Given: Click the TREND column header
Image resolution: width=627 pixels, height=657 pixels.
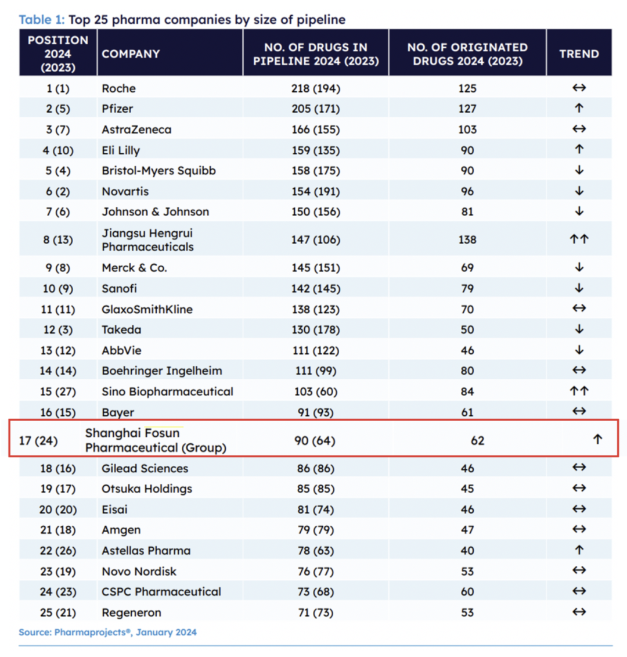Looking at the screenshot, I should click(x=579, y=54).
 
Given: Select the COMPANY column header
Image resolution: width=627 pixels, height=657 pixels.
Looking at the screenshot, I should click(x=131, y=54).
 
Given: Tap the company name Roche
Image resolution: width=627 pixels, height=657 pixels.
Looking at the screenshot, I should click(x=118, y=88).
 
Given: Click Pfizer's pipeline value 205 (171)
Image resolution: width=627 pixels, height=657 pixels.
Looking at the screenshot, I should click(x=316, y=109).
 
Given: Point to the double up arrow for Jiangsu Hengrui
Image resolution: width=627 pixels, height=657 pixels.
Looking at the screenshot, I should click(x=579, y=239).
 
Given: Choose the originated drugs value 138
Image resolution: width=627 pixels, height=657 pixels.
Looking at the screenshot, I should click(x=467, y=239).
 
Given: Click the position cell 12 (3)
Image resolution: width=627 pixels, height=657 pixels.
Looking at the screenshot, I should click(x=58, y=330).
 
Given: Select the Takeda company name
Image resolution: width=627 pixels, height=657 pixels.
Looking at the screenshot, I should click(x=121, y=330).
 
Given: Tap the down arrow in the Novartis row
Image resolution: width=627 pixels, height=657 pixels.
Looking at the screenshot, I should click(x=579, y=191).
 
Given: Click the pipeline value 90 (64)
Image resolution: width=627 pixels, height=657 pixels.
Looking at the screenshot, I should click(x=315, y=441).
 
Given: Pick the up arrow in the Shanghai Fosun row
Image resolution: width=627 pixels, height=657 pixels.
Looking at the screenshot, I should click(x=597, y=440).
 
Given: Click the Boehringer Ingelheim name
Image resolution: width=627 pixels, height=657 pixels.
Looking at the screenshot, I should click(x=161, y=371).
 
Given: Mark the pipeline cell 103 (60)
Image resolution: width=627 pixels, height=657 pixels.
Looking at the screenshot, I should click(x=316, y=392).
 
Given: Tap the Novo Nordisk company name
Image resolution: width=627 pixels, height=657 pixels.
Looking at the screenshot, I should click(x=139, y=572).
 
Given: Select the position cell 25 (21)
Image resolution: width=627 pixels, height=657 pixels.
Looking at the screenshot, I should click(x=58, y=613).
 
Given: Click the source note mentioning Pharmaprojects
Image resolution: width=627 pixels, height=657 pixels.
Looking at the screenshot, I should click(x=107, y=632).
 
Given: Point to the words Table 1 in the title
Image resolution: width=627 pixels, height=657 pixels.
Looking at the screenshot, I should click(x=41, y=20).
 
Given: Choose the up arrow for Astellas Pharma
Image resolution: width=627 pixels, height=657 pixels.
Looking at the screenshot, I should click(x=579, y=550).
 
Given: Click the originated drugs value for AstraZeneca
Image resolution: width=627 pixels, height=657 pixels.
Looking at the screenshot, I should click(x=467, y=130).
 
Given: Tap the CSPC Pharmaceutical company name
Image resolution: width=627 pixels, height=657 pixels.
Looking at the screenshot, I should click(x=161, y=592).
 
